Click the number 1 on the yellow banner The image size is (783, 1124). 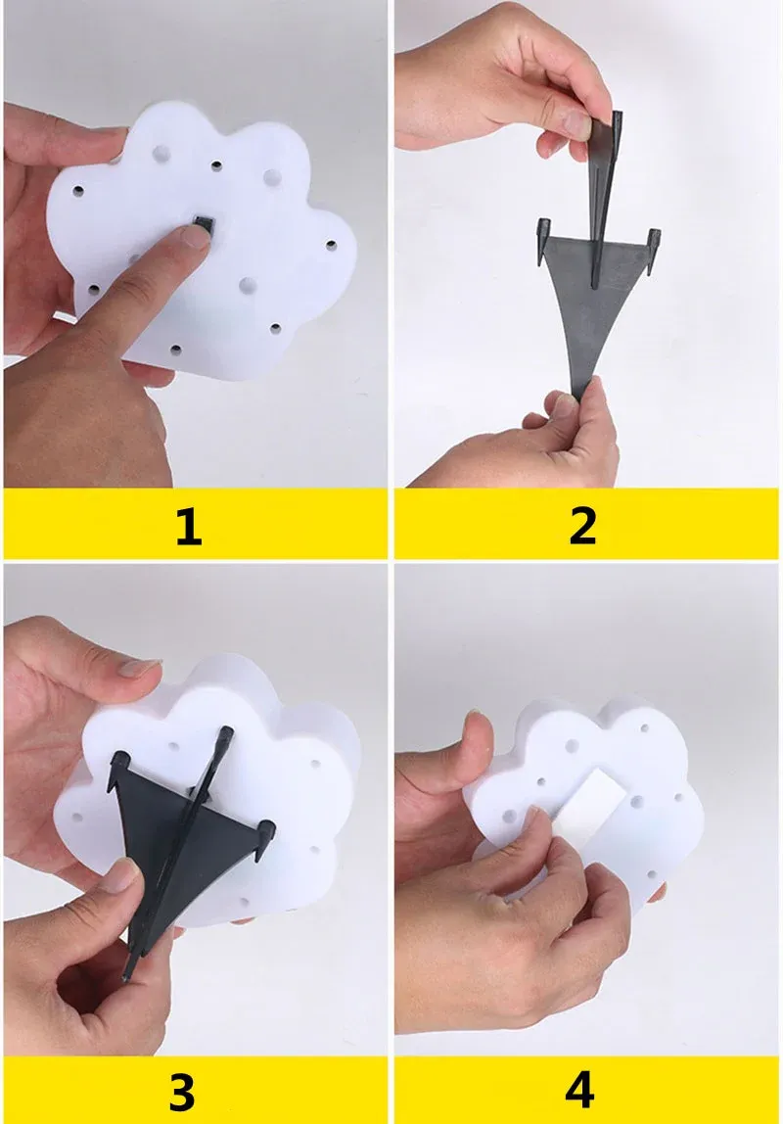point(188,527)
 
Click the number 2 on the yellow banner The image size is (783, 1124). point(582,527)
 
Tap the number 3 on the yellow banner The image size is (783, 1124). point(181,1091)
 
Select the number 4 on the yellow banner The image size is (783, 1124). point(579,1091)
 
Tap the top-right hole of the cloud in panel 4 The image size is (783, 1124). point(644,729)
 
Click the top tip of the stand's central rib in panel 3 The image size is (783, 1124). point(227,731)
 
